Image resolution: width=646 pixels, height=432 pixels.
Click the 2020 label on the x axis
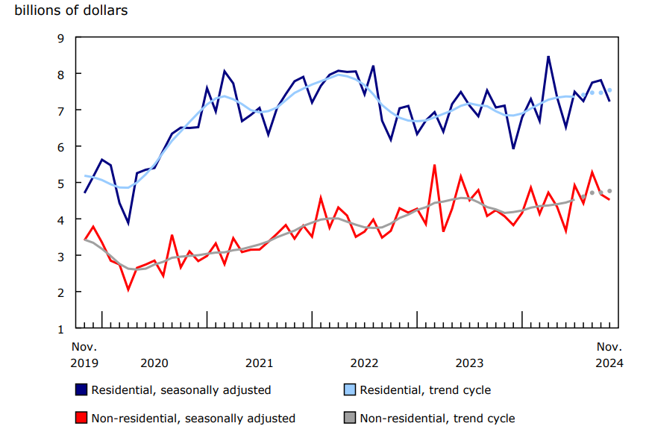[154, 363]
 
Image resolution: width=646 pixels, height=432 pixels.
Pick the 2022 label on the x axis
[364, 363]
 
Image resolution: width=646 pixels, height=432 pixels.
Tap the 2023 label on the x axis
[469, 363]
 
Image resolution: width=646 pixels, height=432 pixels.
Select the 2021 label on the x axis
[259, 363]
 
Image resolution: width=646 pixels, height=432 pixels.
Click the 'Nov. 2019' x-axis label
[84, 355]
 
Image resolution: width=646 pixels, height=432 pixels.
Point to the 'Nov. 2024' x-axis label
[609, 355]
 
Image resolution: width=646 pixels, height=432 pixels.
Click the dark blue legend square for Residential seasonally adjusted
[81, 389]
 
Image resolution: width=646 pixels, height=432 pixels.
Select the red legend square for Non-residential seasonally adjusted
[81, 418]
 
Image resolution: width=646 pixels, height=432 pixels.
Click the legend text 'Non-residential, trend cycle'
[437, 419]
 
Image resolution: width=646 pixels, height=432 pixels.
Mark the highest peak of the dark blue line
[548, 56]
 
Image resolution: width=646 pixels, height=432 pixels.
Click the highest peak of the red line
[434, 165]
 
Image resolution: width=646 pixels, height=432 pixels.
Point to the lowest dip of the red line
[128, 289]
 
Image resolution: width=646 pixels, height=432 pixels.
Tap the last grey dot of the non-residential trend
[609, 191]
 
